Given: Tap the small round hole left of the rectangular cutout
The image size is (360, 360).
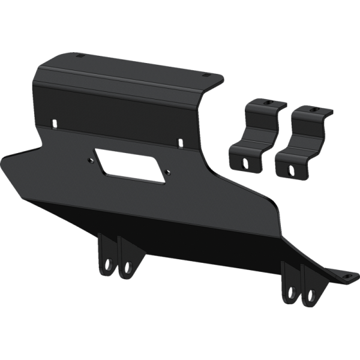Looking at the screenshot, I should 91,160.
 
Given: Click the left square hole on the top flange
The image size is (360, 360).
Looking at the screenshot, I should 80,56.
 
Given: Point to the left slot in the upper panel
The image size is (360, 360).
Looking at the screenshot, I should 55,123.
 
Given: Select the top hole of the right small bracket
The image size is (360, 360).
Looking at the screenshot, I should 312,110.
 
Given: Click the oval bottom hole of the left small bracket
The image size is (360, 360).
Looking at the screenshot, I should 245,161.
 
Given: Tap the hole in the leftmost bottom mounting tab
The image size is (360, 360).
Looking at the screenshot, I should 108,264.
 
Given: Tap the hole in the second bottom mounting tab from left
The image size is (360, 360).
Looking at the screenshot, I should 127,267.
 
